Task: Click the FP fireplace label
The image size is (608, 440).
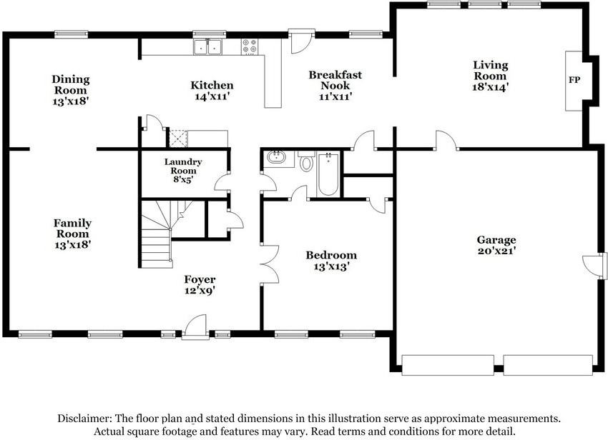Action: (574, 80)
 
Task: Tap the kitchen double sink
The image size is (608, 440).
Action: (208, 46)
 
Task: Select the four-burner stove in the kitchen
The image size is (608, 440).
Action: (249, 46)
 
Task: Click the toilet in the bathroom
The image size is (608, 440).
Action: (307, 162)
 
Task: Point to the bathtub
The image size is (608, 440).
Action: (328, 175)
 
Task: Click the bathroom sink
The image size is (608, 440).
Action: (276, 158)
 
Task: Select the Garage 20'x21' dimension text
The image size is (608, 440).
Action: (496, 251)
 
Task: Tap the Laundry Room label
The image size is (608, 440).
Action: (183, 166)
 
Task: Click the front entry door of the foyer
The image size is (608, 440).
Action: (195, 327)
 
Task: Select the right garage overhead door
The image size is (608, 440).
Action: (548, 365)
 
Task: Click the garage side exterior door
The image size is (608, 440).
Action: (595, 266)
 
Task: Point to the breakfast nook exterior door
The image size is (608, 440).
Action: (301, 41)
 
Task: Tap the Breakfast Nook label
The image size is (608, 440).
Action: (335, 80)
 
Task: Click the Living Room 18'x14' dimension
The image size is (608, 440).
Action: (491, 86)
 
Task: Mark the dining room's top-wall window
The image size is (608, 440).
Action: (72, 34)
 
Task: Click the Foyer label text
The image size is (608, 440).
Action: (200, 279)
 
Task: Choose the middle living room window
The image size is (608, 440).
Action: (484, 4)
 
